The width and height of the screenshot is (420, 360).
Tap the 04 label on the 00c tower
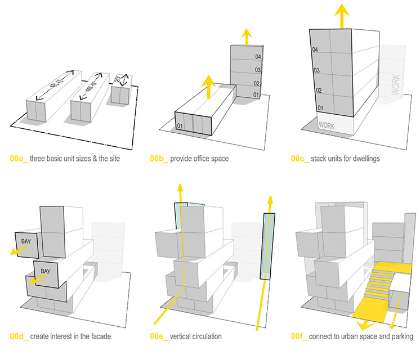(315, 51)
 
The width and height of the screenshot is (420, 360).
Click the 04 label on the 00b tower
(257, 57)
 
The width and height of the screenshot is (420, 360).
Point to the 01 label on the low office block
(181, 125)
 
